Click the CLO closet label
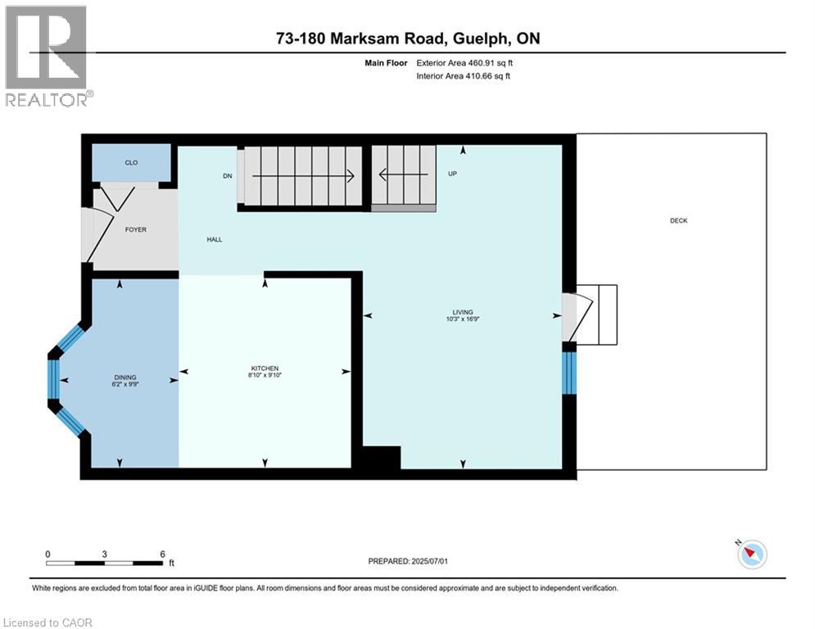tap(131, 163)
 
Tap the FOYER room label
tap(136, 229)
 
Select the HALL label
tap(214, 240)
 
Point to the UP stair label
tap(452, 174)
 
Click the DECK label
tap(678, 220)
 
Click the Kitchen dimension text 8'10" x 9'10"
tap(265, 375)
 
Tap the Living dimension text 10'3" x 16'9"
tap(463, 319)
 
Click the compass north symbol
tap(751, 554)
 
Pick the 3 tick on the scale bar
tap(105, 554)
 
